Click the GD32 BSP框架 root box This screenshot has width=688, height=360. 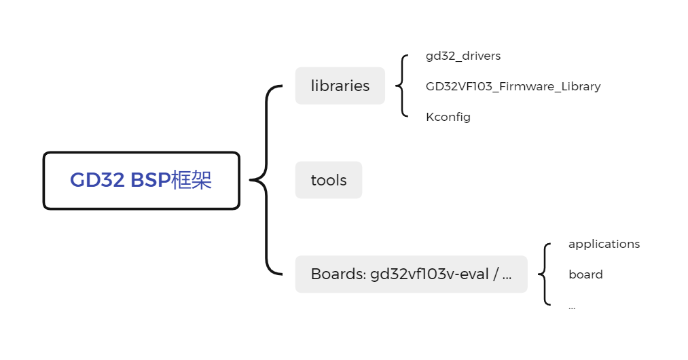[x=141, y=180]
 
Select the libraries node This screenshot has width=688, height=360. [x=340, y=86]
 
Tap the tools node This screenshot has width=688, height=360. [x=329, y=180]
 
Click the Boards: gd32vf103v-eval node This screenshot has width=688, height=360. [x=411, y=274]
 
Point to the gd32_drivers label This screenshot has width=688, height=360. [x=463, y=56]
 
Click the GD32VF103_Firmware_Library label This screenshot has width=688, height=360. [x=513, y=86]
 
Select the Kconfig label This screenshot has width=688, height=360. [x=448, y=117]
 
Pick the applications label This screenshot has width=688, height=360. [x=604, y=244]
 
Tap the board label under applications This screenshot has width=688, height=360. [x=585, y=274]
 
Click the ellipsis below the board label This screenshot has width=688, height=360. [x=572, y=307]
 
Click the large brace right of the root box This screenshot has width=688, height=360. [x=266, y=180]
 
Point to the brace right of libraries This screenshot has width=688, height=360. [x=403, y=86]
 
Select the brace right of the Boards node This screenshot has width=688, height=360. [x=544, y=274]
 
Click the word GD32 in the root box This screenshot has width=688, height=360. [x=98, y=181]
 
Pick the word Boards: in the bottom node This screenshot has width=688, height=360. [x=338, y=274]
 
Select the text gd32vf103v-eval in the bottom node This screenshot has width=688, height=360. [x=429, y=274]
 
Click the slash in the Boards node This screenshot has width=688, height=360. [x=496, y=274]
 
